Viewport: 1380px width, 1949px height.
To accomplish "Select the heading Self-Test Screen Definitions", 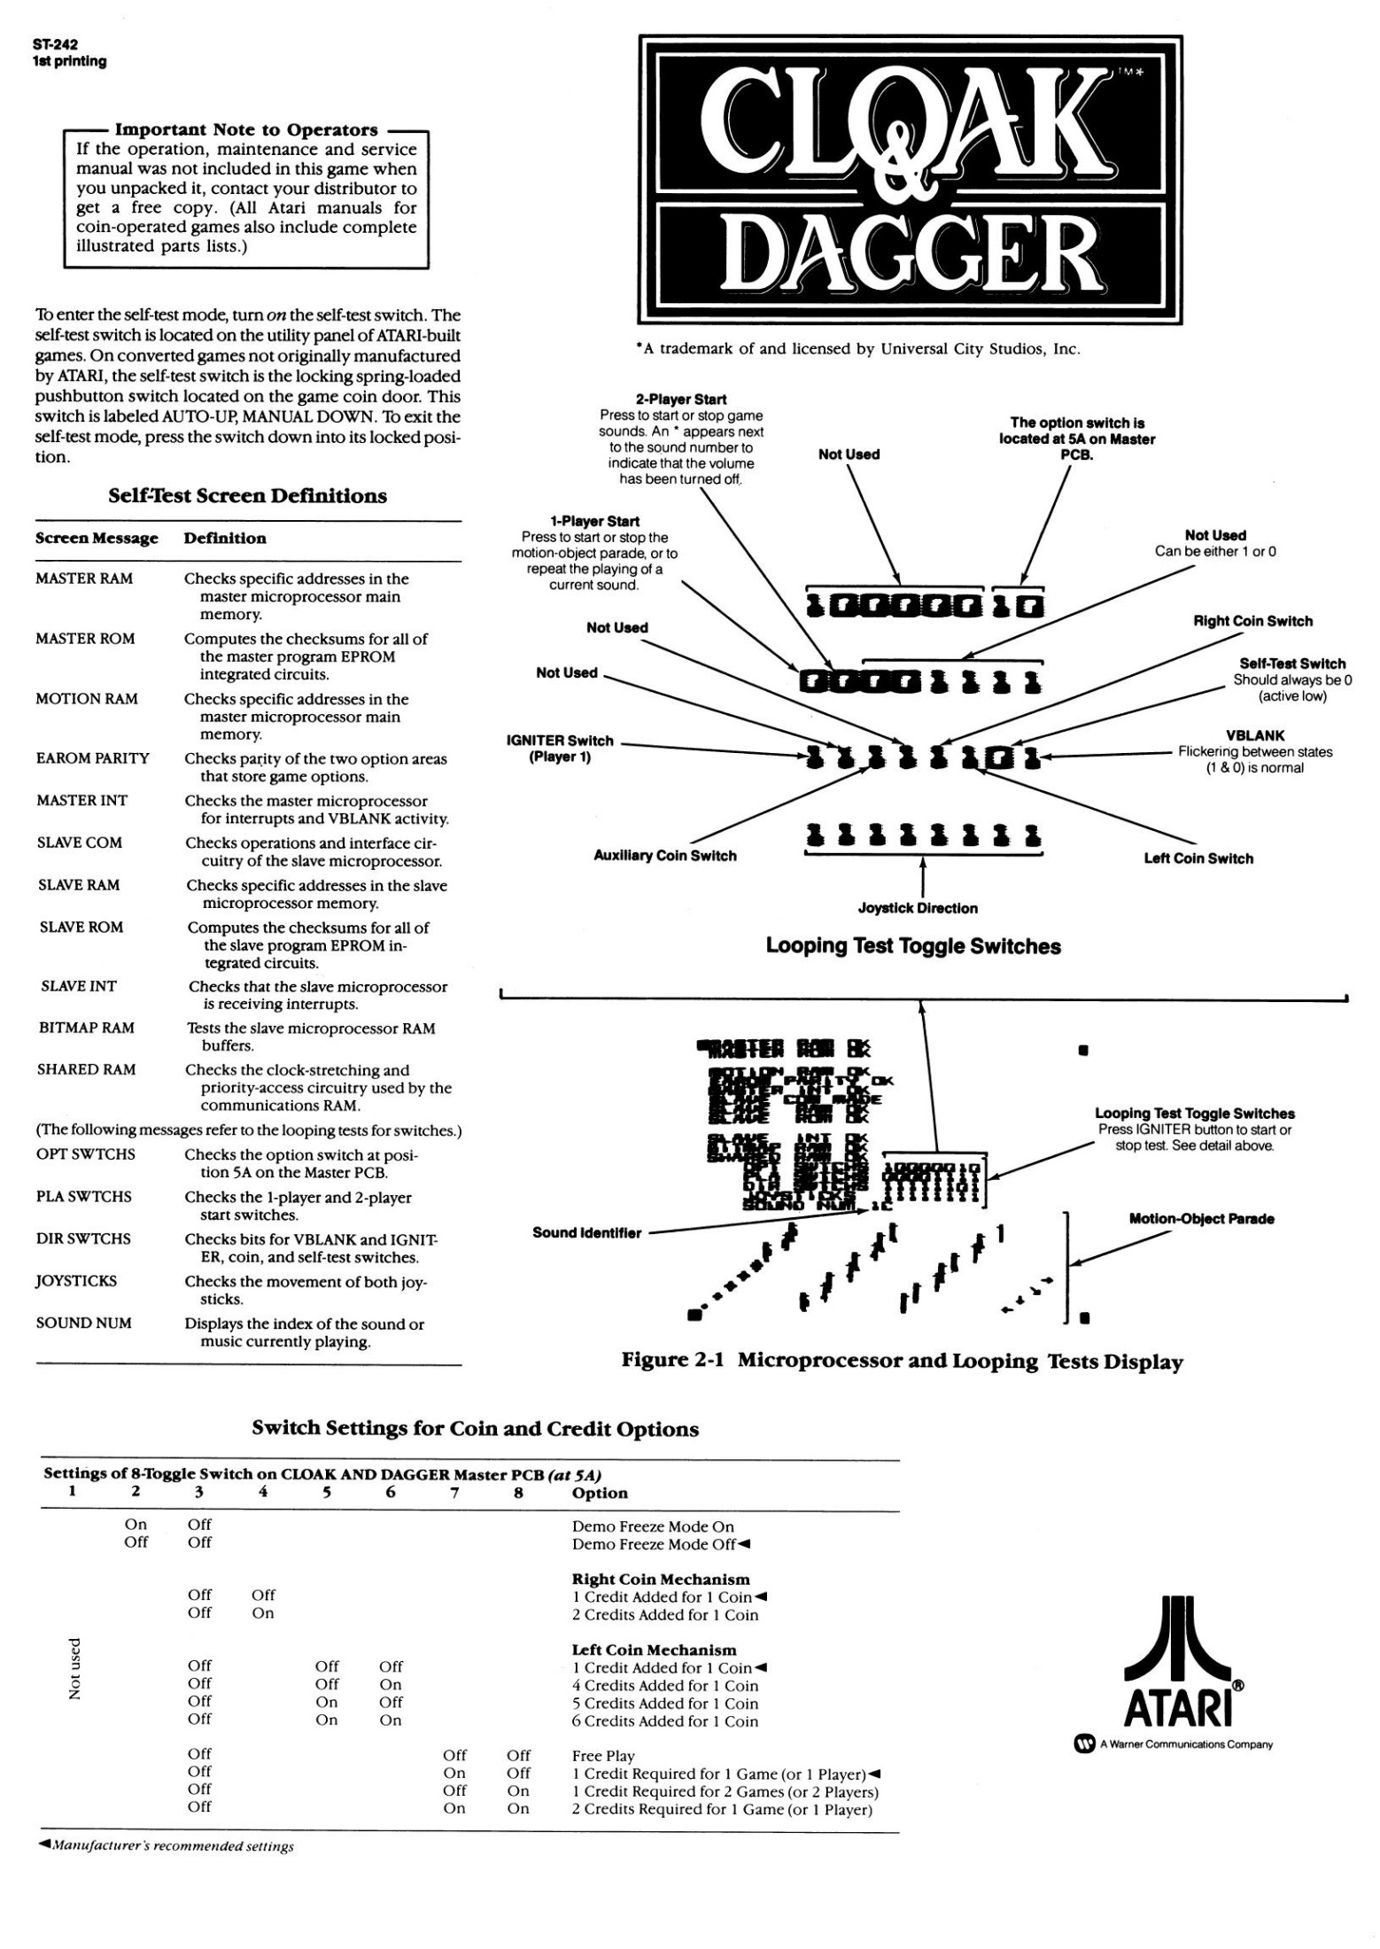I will point(247,496).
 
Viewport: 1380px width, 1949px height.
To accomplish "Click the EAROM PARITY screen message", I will point(92,758).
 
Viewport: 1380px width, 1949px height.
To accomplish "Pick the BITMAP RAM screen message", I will point(86,1028).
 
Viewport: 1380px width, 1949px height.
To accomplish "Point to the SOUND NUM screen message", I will point(83,1324).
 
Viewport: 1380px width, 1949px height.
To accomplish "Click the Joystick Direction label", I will point(918,908).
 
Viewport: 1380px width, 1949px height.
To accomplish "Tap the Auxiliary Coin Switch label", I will point(664,856).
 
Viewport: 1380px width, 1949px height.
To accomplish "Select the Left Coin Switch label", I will point(1198,858).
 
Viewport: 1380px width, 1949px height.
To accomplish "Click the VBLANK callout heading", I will point(1255,735).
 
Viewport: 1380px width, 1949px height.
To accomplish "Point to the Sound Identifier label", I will point(586,1232).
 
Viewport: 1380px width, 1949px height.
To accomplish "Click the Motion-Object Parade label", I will point(1201,1219).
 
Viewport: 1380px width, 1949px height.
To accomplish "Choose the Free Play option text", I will point(603,1756).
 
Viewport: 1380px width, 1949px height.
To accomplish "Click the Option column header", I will point(600,1493).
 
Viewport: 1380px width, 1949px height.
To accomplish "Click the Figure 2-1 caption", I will point(902,1361).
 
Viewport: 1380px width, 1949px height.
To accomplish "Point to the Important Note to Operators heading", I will point(246,130).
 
